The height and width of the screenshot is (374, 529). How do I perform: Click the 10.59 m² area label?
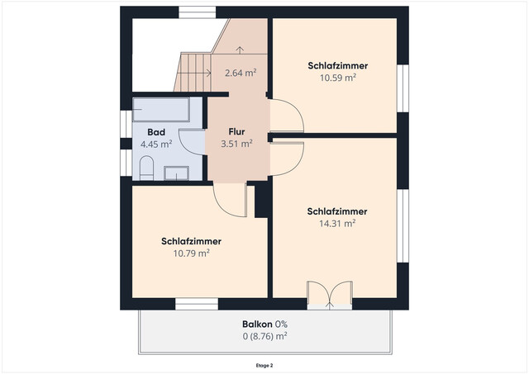tap(337, 78)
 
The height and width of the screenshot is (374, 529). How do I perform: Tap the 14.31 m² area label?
tap(336, 223)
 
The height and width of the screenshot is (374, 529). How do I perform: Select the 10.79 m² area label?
tap(191, 253)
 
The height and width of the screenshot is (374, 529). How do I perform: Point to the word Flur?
tap(236, 130)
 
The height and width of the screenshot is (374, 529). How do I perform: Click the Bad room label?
tap(155, 132)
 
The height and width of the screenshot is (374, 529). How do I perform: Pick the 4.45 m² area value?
tap(155, 144)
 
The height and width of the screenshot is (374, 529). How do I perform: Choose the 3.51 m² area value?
tap(236, 142)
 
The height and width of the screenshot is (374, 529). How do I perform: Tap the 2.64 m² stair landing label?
tap(240, 73)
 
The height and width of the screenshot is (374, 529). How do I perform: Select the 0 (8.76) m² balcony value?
tap(264, 336)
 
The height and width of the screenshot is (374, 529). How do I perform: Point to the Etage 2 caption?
tap(264, 363)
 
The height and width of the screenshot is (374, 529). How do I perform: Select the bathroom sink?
tap(176, 173)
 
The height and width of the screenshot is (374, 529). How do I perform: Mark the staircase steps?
tap(193, 72)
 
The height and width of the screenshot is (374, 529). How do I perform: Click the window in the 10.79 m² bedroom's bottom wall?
tap(196, 305)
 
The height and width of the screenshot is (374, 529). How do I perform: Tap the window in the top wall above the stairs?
tap(198, 11)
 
